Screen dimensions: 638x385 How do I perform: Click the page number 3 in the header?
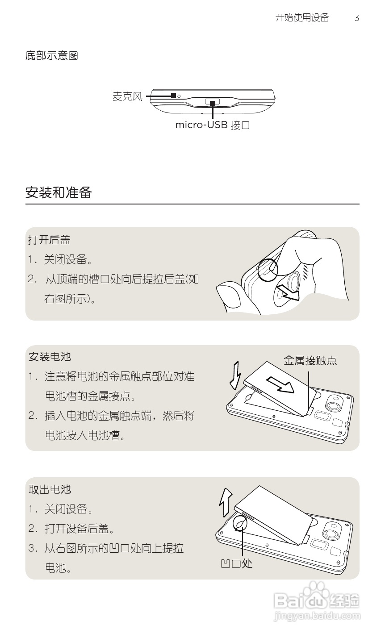click(356, 18)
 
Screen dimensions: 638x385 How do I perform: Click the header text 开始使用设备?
click(302, 18)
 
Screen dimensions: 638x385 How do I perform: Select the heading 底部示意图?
click(52, 56)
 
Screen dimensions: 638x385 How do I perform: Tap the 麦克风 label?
click(127, 96)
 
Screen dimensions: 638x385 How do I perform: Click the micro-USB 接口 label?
click(212, 125)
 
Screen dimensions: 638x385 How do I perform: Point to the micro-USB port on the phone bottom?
click(213, 103)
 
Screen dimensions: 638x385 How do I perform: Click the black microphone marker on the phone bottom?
click(173, 96)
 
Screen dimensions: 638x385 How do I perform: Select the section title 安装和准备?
click(59, 193)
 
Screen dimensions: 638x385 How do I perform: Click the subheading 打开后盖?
click(49, 240)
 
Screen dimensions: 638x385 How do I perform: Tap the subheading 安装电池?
click(50, 357)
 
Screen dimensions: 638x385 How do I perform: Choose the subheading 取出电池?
click(50, 489)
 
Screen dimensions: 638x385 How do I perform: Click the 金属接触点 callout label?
click(310, 361)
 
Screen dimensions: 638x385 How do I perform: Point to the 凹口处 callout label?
click(237, 563)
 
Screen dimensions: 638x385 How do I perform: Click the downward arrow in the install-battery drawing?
click(235, 375)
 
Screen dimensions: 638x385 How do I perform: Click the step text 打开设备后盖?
click(80, 529)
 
